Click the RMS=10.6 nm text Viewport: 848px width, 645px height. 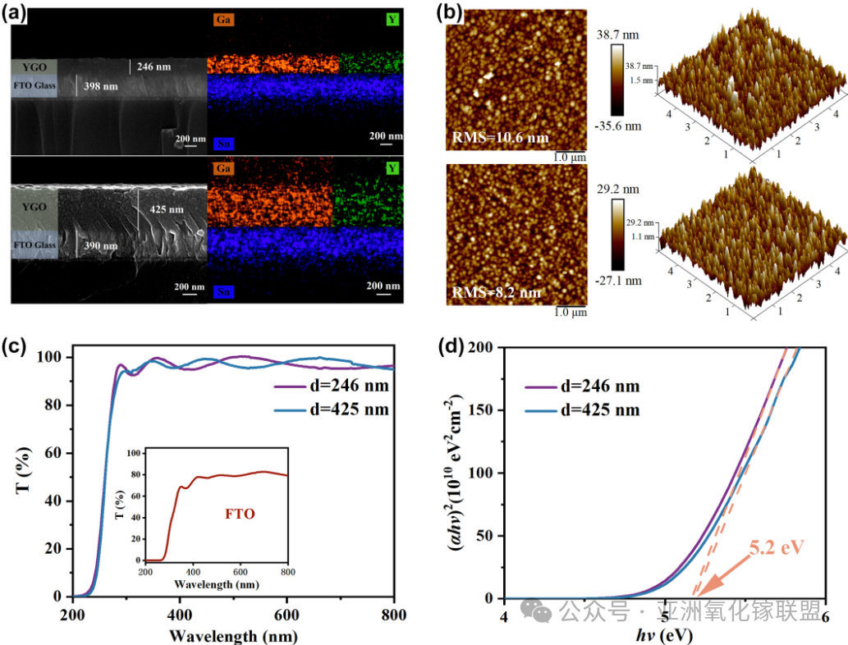(x=500, y=137)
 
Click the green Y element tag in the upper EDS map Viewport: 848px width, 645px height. (x=393, y=18)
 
